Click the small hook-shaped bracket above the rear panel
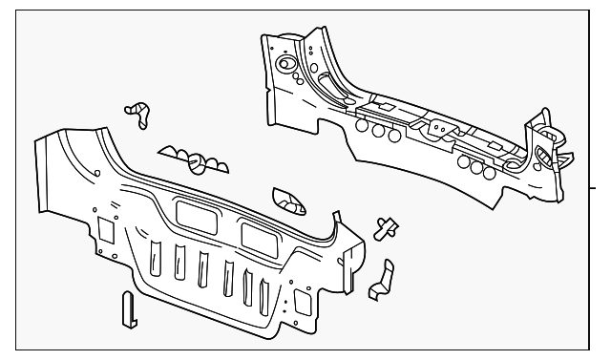(140, 113)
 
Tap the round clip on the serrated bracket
(200, 162)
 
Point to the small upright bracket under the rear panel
(127, 307)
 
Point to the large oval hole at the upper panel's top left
(285, 66)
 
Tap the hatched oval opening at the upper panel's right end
(541, 158)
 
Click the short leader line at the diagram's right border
(601, 187)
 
